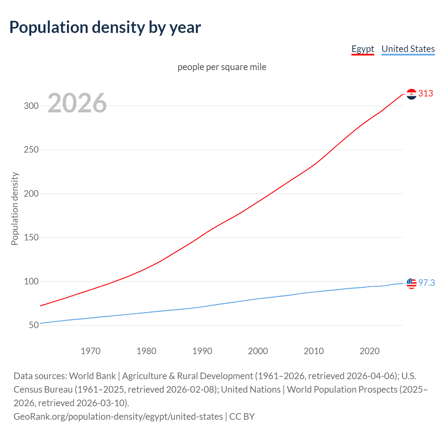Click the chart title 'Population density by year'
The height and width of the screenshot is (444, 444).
pos(105,27)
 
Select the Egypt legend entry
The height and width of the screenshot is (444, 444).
pos(362,49)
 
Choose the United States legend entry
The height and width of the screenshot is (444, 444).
pos(408,49)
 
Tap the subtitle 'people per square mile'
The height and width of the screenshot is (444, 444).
pos(222,67)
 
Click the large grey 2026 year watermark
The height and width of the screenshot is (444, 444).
pos(77,103)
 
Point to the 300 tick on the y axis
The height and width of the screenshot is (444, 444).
pos(31,106)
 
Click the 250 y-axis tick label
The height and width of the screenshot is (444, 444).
pos(31,150)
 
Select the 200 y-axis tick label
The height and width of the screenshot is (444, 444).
pos(31,194)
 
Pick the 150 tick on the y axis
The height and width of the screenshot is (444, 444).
pos(31,238)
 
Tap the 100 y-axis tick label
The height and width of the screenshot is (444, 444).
pos(31,281)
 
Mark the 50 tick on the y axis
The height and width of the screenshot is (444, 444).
pos(34,325)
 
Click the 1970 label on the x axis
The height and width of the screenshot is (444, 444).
pos(91,351)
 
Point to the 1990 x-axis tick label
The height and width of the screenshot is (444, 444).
pos(202,351)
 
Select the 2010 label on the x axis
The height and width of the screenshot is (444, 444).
pos(314,351)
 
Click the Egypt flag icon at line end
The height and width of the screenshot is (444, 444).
pos(411,94)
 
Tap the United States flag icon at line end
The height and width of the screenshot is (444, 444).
pos(411,283)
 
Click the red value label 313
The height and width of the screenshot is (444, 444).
pos(426,94)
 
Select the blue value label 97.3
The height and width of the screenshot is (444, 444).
pos(426,283)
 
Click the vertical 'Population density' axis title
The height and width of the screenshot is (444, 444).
pos(15,209)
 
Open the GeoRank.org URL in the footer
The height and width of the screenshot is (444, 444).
pos(118,416)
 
